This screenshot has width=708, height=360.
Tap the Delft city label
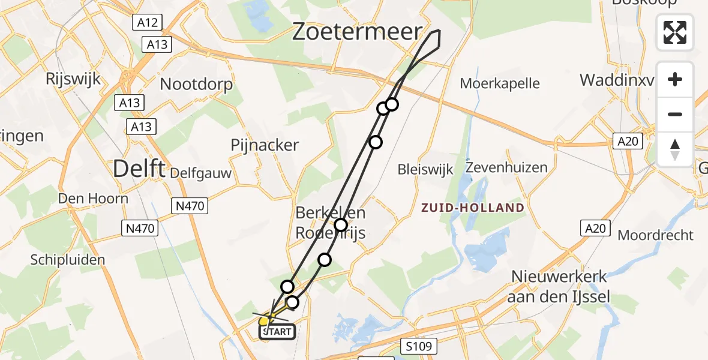(x=139, y=169)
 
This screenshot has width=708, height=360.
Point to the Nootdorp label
(x=196, y=84)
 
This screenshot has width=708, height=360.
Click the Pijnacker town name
(x=265, y=145)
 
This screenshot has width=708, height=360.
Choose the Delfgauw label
(x=200, y=173)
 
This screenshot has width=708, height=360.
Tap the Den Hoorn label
(x=93, y=198)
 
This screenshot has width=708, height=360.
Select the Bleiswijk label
(x=424, y=169)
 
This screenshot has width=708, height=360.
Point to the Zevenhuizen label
(x=506, y=167)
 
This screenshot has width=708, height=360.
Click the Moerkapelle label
(x=500, y=83)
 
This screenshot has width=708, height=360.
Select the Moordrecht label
(x=655, y=235)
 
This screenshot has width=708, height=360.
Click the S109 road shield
(x=418, y=346)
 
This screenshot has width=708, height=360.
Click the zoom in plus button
(x=675, y=79)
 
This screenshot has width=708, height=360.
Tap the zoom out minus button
(x=675, y=114)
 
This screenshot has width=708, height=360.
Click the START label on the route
(x=277, y=331)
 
